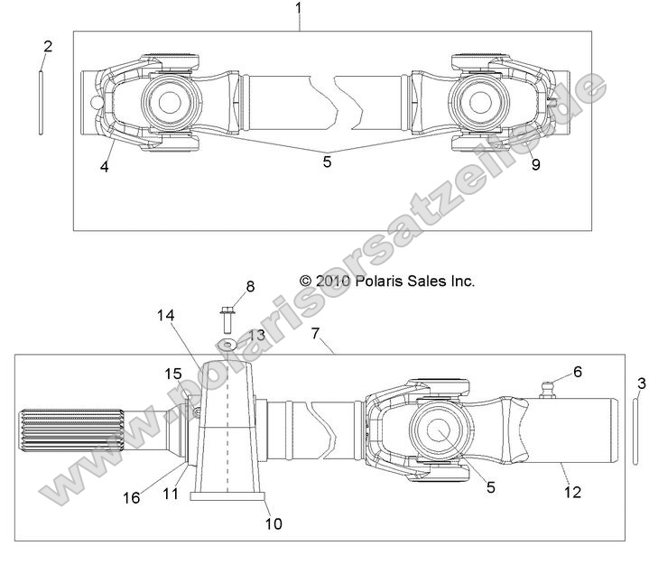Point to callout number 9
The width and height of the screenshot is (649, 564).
[x=535, y=164]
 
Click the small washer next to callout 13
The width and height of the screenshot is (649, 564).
[x=227, y=345]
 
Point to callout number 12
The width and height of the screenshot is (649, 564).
[x=571, y=492]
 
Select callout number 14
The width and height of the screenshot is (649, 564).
[x=163, y=316]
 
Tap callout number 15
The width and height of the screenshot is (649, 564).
[x=172, y=374]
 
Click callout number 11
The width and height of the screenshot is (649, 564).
[x=172, y=495]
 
